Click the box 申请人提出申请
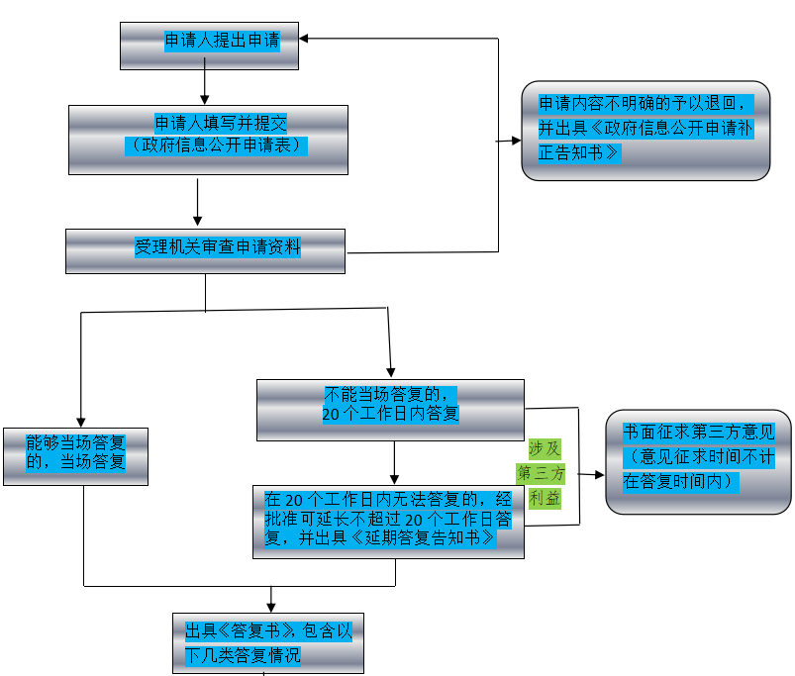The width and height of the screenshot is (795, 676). point(209,46)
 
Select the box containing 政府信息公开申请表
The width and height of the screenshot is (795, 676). point(208,140)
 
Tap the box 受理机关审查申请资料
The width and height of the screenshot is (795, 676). point(205,251)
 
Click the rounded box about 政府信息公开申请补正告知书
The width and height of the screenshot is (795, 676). point(646,131)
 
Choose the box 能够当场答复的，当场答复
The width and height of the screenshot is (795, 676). point(75,456)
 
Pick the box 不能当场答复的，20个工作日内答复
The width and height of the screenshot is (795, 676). point(390,409)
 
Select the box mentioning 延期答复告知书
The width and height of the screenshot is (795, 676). point(388,522)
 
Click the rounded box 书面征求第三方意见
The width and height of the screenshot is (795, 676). point(698,461)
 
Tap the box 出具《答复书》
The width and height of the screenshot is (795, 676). point(267,642)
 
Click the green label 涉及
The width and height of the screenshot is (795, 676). point(545,447)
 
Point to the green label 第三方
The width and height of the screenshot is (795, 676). point(542,472)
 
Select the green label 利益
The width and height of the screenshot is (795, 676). point(545,498)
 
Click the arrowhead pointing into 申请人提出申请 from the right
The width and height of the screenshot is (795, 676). point(305,39)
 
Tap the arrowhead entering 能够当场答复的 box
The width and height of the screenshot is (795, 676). point(80,422)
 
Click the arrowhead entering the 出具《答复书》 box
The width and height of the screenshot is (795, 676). point(271,606)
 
